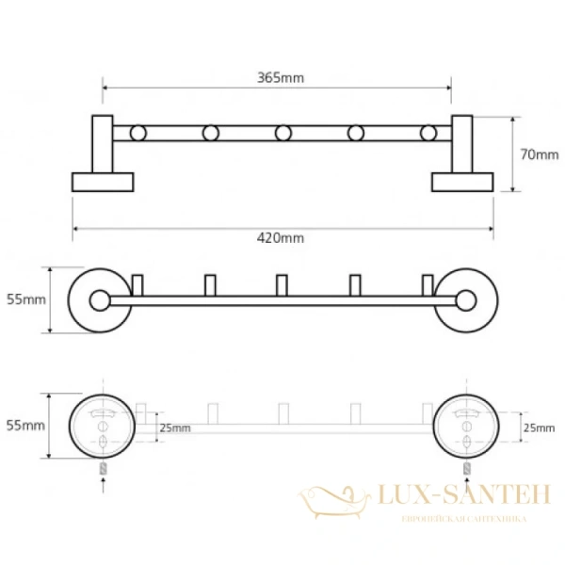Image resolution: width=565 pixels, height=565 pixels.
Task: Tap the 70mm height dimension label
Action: (541, 154)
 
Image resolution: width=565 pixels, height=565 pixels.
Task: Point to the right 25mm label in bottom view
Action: (540, 428)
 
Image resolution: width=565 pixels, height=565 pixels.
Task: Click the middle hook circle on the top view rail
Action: (283, 133)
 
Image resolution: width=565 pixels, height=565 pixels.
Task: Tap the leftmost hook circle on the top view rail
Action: (138, 133)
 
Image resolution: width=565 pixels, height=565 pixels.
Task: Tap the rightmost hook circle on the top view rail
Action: (428, 133)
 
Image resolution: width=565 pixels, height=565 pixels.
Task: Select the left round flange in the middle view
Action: (98, 301)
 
